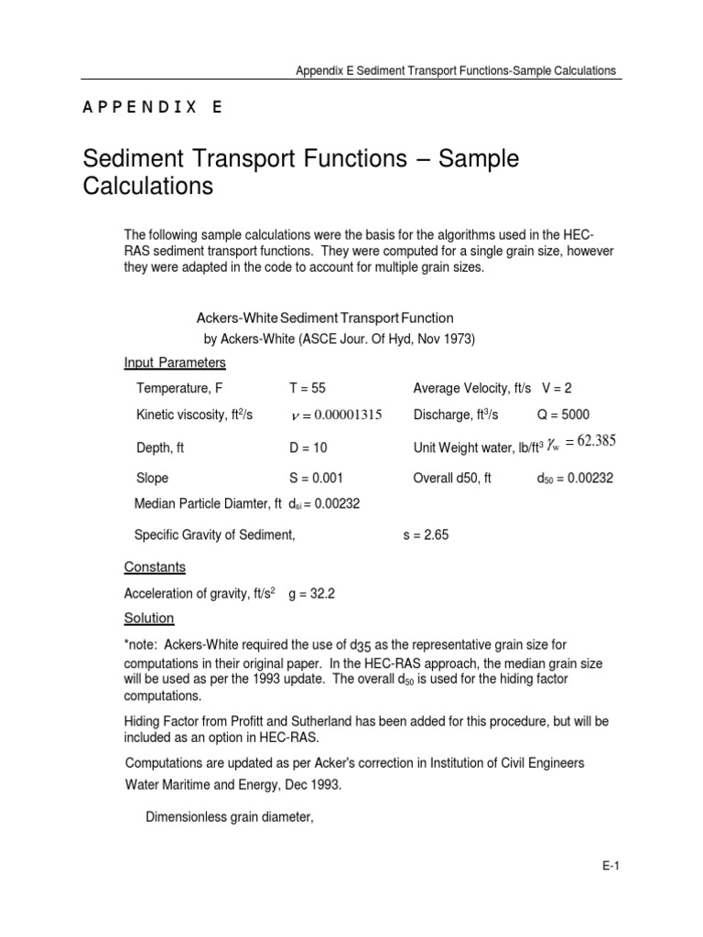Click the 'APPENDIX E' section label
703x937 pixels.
pos(152,107)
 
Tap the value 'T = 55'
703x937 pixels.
pos(308,388)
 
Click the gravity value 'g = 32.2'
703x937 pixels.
pos(312,593)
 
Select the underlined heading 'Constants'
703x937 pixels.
pos(155,566)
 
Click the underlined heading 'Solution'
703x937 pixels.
pos(149,619)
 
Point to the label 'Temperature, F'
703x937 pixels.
pos(179,388)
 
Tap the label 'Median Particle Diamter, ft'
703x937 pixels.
pos(207,503)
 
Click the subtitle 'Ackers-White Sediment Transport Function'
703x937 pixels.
pos(325,318)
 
